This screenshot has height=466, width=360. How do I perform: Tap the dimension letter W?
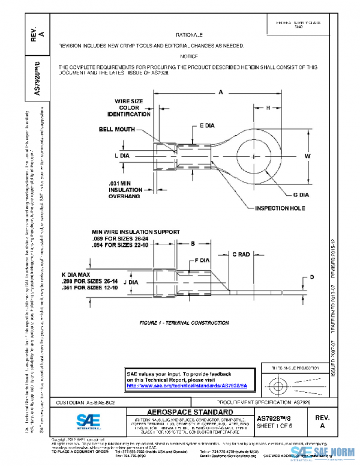(307, 156)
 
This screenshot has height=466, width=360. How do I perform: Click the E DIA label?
(206, 127)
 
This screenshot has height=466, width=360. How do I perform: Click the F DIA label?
(202, 261)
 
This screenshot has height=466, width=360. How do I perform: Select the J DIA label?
(131, 281)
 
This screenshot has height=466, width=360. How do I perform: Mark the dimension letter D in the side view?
(311, 277)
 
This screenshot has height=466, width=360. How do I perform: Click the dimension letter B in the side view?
(193, 244)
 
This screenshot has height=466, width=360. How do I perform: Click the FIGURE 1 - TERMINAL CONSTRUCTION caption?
(184, 323)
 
